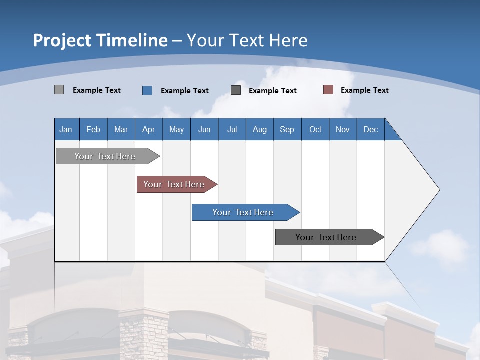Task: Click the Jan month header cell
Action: click(66, 129)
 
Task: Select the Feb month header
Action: click(93, 129)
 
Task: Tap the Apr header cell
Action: click(149, 129)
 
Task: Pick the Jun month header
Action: click(204, 129)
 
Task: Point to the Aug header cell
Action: click(260, 129)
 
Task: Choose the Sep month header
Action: click(287, 129)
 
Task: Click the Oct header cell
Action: click(315, 129)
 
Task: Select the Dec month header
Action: click(371, 129)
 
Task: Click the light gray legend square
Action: click(59, 90)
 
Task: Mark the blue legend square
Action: click(147, 90)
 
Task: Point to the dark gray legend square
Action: click(236, 90)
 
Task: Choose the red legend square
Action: click(328, 90)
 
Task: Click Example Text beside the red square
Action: click(365, 90)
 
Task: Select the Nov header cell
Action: click(343, 129)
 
